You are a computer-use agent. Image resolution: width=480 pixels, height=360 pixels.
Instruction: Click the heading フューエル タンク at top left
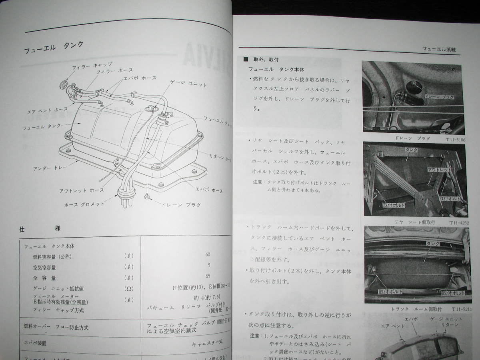[x=54, y=48]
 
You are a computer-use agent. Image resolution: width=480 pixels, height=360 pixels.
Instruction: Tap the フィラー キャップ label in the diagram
[x=92, y=65]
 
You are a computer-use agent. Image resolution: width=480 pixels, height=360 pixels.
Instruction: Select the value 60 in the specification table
[x=207, y=254]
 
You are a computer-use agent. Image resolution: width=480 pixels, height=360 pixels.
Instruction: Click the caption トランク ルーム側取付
[x=405, y=310]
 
